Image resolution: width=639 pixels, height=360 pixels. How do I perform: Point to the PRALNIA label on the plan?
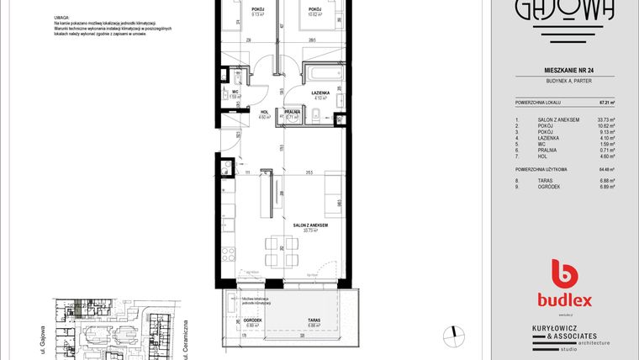tap(293, 112)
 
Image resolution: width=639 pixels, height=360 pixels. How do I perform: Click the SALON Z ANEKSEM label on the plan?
tap(309, 225)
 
